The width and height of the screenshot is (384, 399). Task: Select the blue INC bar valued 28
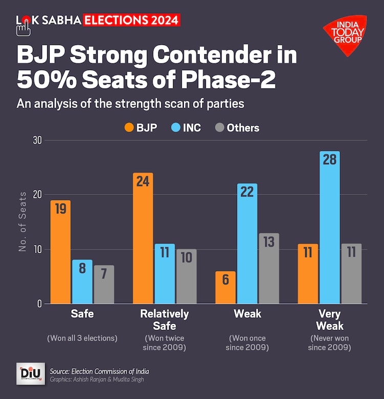pos(329,227)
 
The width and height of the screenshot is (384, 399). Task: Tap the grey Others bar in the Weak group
pos(268,268)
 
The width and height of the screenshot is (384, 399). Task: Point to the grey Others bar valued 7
pos(103,284)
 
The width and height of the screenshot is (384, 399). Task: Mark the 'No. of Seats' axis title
pos(23,221)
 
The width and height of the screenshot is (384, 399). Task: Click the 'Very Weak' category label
pos(330,320)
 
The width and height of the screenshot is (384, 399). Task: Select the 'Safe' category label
pos(82,314)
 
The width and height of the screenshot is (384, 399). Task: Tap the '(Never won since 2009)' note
pos(330,343)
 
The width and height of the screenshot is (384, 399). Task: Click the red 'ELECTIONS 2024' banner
pos(132,20)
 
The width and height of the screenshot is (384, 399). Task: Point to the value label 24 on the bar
pos(143,182)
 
